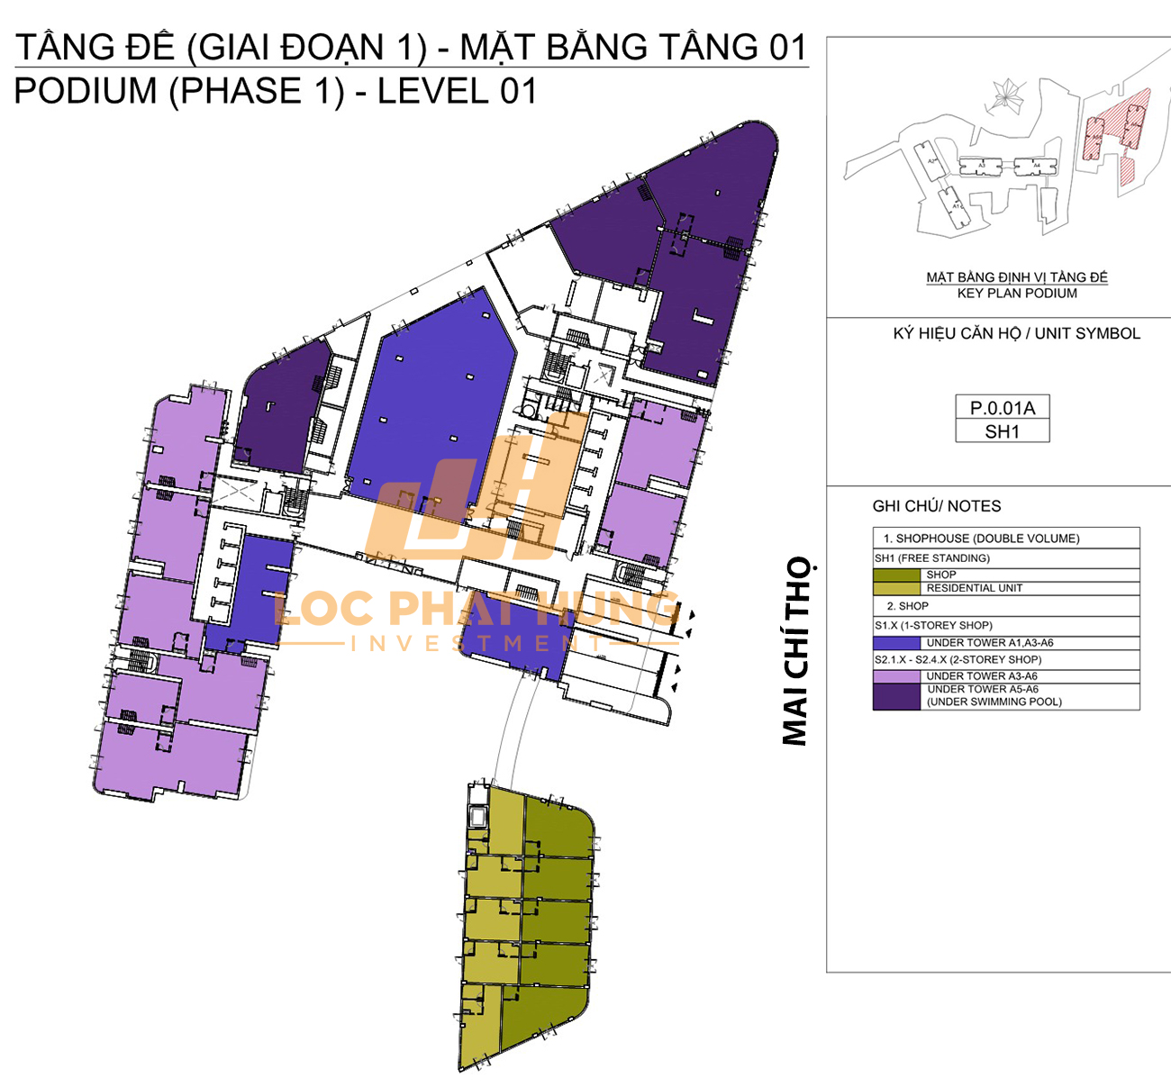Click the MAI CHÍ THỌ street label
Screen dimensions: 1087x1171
point(796,651)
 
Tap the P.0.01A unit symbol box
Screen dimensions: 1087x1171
point(1002,408)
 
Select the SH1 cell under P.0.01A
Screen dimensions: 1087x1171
point(1002,432)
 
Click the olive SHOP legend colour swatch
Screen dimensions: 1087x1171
point(896,575)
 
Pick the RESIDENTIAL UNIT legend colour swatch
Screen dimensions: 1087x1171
point(896,588)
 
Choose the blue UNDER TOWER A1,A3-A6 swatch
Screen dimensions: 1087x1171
point(896,643)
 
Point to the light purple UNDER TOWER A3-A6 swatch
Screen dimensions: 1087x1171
point(896,675)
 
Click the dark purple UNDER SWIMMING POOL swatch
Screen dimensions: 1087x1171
point(896,696)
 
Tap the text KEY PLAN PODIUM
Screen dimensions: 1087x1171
point(1017,294)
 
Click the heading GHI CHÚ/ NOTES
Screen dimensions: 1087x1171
point(936,506)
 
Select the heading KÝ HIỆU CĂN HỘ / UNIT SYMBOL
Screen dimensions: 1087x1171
point(1016,333)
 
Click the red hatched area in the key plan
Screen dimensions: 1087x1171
point(1117,135)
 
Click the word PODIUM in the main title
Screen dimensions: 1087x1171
point(86,92)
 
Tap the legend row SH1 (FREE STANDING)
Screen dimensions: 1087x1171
point(931,558)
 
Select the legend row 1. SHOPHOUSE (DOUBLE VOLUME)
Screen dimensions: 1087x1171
point(980,539)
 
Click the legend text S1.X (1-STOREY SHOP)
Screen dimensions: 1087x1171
point(933,625)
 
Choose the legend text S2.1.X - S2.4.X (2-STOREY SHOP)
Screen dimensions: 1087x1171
point(958,659)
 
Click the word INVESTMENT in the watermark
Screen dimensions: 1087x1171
point(477,643)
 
